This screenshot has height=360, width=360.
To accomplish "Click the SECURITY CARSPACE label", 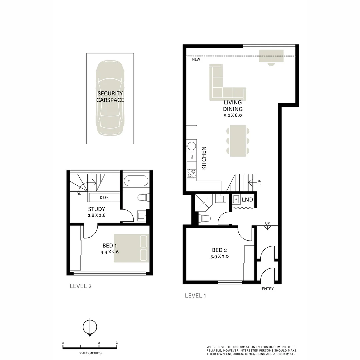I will click(x=110, y=97).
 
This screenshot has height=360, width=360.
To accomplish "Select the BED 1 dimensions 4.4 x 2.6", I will click(x=110, y=252).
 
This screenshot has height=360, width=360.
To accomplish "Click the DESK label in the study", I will click(x=104, y=198).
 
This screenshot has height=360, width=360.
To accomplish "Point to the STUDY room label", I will click(x=97, y=209).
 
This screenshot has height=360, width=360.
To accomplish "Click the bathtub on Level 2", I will click(x=136, y=182).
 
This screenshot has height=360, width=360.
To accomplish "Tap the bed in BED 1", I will click(x=131, y=248).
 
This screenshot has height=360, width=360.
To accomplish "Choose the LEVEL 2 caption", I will click(x=80, y=286).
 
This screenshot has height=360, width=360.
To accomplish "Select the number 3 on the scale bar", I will click(x=117, y=343).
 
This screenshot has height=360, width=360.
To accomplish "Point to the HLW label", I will click(x=196, y=60).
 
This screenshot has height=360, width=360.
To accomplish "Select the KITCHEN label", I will click(x=204, y=158).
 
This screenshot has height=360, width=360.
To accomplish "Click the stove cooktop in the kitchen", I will click(x=192, y=173).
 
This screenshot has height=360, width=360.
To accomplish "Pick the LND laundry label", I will click(x=247, y=200).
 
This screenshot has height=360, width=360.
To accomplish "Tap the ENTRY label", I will click(x=267, y=289).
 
